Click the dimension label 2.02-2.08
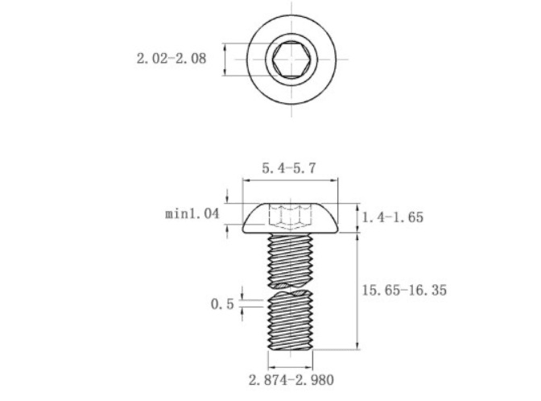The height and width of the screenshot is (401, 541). [x=171, y=58]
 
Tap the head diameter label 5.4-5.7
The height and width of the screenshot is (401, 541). [x=289, y=168]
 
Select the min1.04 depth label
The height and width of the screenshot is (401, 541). [x=192, y=213]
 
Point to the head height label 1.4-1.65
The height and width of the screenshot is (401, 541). [x=392, y=217]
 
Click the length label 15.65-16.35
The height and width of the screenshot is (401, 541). [x=404, y=290]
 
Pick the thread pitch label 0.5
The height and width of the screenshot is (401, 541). [x=222, y=304]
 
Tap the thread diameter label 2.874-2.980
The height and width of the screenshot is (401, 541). [x=291, y=380]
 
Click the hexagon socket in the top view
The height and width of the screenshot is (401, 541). [x=291, y=59]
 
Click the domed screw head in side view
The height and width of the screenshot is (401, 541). [x=290, y=218]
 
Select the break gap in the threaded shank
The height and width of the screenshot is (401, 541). [x=291, y=289]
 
